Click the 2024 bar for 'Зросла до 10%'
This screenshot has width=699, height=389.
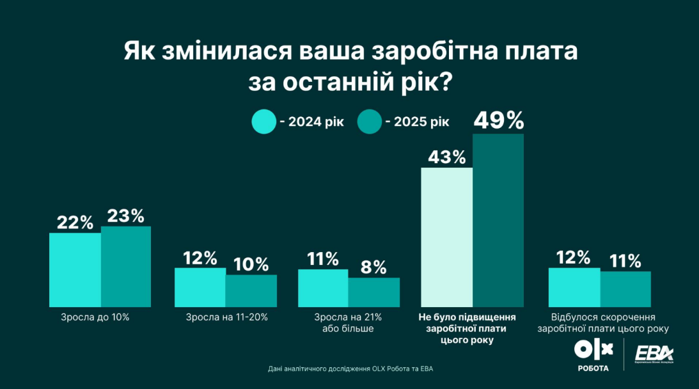click(x=75, y=269)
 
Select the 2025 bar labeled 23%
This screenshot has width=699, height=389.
click(x=126, y=267)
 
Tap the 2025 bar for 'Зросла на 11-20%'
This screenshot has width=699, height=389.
click(x=251, y=290)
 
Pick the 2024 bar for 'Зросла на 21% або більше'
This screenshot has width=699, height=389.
click(x=323, y=288)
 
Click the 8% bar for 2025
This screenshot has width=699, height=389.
click(x=374, y=292)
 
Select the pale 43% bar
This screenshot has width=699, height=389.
click(x=446, y=237)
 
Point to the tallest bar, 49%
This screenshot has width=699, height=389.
click(x=498, y=220)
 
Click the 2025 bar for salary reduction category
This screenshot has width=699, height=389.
click(x=625, y=289)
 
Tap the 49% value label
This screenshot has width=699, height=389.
click(x=498, y=120)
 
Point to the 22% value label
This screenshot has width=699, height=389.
click(x=75, y=222)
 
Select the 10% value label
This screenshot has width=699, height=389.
click(x=251, y=264)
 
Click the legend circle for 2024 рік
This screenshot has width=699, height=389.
click(x=263, y=122)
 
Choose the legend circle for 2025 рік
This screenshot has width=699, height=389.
click(x=368, y=122)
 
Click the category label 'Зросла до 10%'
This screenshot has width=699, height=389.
click(x=95, y=317)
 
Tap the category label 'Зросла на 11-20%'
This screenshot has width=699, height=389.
click(x=226, y=317)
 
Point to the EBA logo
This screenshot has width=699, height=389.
click(x=652, y=354)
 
